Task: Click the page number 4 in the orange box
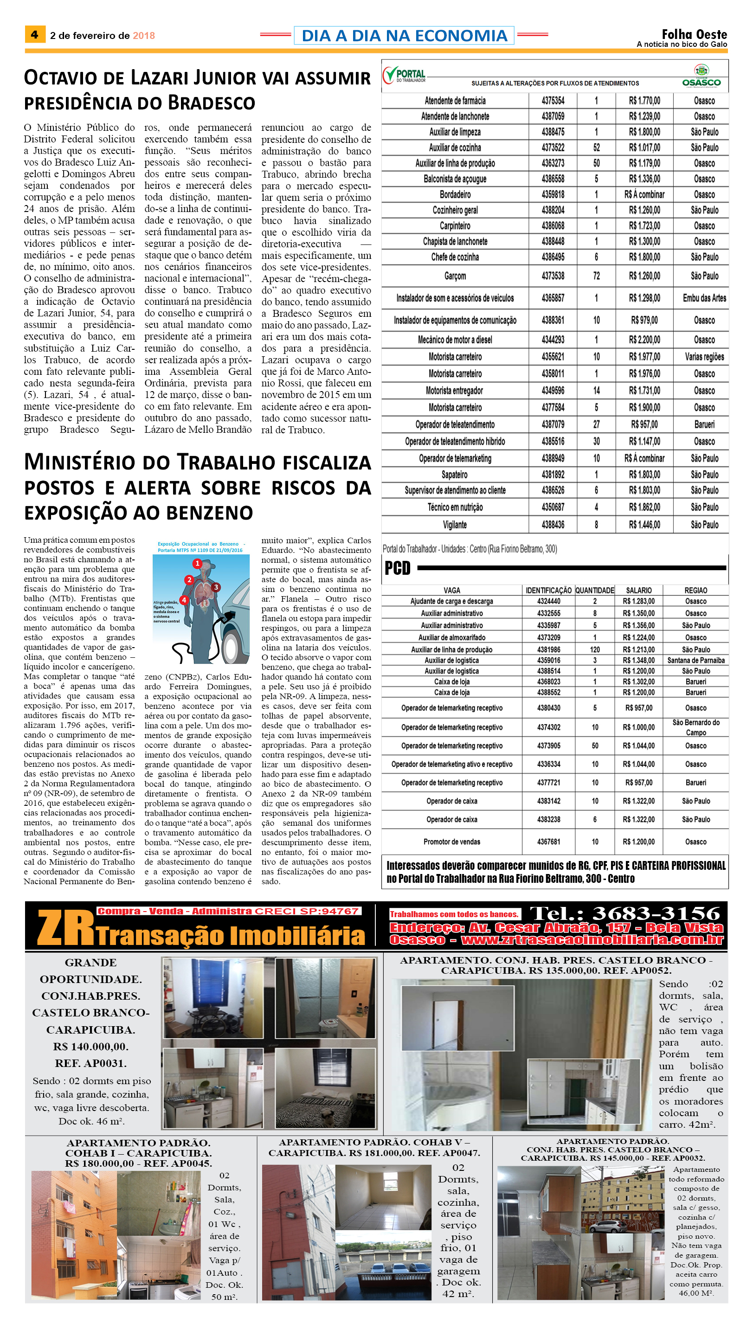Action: [x=35, y=35]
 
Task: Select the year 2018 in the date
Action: [x=144, y=36]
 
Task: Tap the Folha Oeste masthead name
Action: [x=694, y=35]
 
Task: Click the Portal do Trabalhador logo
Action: [x=404, y=76]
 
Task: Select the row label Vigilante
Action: [x=455, y=525]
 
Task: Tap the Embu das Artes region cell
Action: [x=704, y=298]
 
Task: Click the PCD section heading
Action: [x=397, y=568]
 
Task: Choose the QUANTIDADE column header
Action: [x=594, y=590]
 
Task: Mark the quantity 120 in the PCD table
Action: [x=595, y=649]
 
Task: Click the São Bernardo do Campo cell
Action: [x=695, y=727]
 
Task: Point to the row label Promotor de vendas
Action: [x=451, y=842]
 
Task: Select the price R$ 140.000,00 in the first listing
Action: [x=90, y=1046]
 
